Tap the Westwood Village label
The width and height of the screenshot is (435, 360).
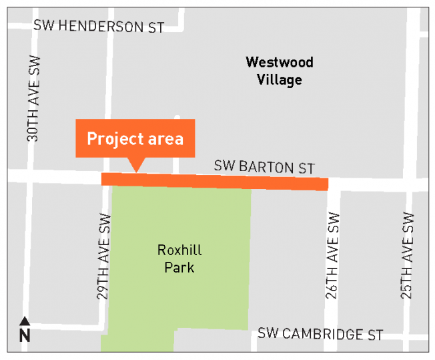point(279,71)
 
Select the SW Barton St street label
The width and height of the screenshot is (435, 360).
point(264,167)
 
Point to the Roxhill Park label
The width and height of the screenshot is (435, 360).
point(179,258)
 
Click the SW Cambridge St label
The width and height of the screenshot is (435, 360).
point(321,334)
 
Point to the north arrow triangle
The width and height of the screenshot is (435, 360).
point(25,321)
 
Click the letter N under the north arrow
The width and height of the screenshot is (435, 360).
point(25,335)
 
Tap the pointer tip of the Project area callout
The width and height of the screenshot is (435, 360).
point(136,171)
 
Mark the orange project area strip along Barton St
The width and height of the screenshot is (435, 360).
point(214,182)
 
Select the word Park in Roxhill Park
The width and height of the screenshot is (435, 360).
point(179,267)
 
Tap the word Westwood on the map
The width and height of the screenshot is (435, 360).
point(279,63)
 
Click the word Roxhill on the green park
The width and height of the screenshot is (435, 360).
point(179,250)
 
